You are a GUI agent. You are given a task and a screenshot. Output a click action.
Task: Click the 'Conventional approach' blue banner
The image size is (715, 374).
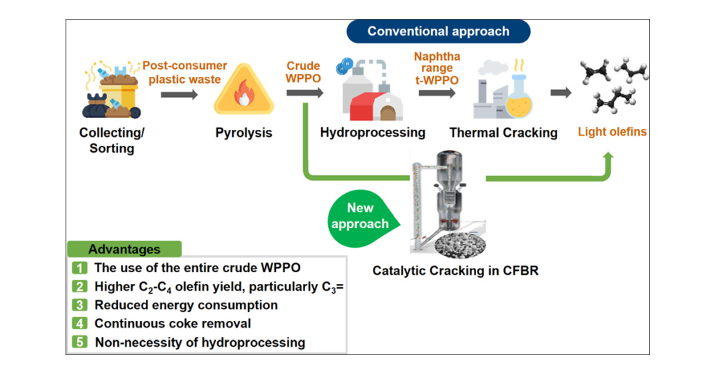point(438,31)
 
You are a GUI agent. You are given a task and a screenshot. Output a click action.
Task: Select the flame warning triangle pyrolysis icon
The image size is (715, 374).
point(244,89)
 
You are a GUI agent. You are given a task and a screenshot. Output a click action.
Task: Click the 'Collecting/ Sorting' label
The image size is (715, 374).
point(112,140)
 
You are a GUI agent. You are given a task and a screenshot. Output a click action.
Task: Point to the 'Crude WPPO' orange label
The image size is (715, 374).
point(303,72)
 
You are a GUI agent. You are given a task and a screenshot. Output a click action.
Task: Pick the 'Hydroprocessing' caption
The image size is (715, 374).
point(373,133)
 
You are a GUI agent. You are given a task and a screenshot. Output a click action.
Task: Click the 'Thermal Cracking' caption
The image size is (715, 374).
point(503,133)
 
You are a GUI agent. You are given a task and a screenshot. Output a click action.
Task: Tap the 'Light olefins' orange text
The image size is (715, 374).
point(612,132)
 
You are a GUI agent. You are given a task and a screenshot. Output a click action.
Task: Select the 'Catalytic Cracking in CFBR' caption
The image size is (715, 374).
point(455,271)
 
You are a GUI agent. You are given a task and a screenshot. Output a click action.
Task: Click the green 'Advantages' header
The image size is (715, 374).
point(124,248)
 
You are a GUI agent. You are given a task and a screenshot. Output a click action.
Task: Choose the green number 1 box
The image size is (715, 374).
point(80,267)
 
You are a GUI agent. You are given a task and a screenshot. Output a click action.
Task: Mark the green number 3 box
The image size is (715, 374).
point(80,305)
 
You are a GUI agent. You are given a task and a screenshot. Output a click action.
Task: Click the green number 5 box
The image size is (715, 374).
point(80,342)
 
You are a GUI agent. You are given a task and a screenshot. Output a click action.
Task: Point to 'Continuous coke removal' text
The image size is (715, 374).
point(173,324)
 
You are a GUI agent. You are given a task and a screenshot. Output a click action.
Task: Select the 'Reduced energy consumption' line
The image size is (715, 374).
point(186,305)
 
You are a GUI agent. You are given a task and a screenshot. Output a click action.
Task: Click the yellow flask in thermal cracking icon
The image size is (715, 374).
point(519,97)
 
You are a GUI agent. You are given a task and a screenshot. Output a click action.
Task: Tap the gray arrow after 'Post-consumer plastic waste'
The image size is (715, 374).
point(179,95)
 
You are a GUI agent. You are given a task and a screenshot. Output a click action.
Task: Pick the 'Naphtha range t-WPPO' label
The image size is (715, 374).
point(437,68)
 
